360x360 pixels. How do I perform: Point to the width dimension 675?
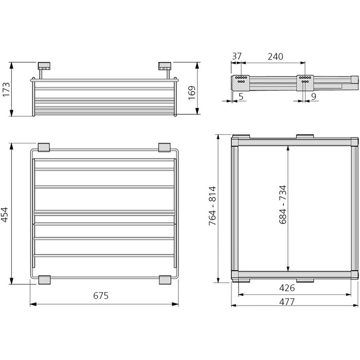tap(101, 295)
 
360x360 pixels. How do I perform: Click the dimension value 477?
tap(287, 302)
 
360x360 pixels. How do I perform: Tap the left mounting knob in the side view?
tap(44, 66)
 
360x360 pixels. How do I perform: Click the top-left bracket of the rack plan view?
tap(43, 147)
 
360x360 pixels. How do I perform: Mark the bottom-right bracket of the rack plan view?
tap(165, 279)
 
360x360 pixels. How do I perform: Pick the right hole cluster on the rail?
tap(304, 80)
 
